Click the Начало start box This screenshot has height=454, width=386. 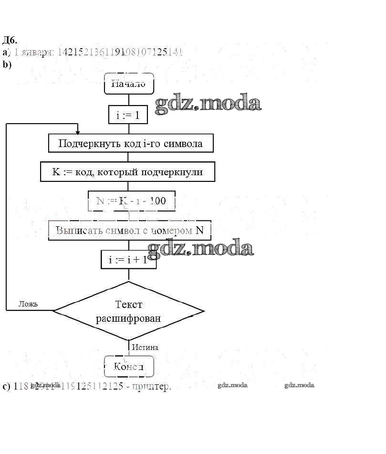pyautogui.click(x=129, y=84)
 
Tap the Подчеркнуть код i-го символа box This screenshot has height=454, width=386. pyautogui.click(x=130, y=143)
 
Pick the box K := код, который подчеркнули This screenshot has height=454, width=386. pyautogui.click(x=127, y=172)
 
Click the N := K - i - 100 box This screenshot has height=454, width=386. pyautogui.click(x=131, y=201)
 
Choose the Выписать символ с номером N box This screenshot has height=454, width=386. pyautogui.click(x=130, y=230)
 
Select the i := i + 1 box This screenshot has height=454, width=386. pyautogui.click(x=129, y=259)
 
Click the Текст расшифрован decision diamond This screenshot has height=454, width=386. pyautogui.click(x=129, y=311)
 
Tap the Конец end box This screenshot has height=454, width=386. pyautogui.click(x=129, y=367)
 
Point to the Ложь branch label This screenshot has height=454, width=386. pyautogui.click(x=28, y=304)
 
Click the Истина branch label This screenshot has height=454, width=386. pyautogui.click(x=145, y=347)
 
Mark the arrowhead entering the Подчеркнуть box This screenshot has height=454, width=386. pyautogui.click(x=77, y=132)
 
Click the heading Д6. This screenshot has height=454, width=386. pyautogui.click(x=10, y=40)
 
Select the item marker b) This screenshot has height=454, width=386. pyautogui.click(x=7, y=64)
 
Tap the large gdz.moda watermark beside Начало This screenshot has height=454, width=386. pyautogui.click(x=209, y=104)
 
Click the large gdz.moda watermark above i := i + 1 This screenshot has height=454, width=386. pyautogui.click(x=200, y=248)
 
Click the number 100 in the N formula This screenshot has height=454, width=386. pyautogui.click(x=157, y=201)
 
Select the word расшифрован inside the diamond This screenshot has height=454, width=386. pyautogui.click(x=128, y=318)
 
